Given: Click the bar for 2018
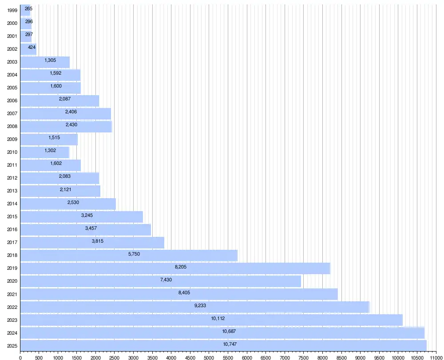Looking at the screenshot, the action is pyautogui.click(x=129, y=256).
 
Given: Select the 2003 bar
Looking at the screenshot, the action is pyautogui.click(x=45, y=62).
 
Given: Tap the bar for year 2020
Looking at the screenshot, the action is pyautogui.click(x=161, y=281).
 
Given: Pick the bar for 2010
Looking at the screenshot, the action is pyautogui.click(x=45, y=152).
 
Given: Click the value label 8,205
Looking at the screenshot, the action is pyautogui.click(x=181, y=267).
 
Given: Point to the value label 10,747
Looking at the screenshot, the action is pyautogui.click(x=230, y=344).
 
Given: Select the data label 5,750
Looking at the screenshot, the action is pyautogui.click(x=134, y=254).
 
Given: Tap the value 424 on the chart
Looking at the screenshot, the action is pyautogui.click(x=32, y=48).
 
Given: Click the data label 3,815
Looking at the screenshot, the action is pyautogui.click(x=97, y=241).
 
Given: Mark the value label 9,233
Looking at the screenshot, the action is pyautogui.click(x=200, y=306).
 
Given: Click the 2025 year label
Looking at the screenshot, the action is pyautogui.click(x=12, y=346).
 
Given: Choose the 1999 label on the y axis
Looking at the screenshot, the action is pyautogui.click(x=12, y=11).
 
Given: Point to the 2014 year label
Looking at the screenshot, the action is pyautogui.click(x=12, y=204).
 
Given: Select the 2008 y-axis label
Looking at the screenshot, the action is pyautogui.click(x=12, y=126).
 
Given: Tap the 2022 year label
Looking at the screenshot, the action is pyautogui.click(x=12, y=307).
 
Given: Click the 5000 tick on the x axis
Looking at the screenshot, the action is pyautogui.click(x=209, y=358).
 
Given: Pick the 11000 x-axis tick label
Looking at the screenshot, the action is pyautogui.click(x=436, y=358).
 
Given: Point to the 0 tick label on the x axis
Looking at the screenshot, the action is pyautogui.click(x=20, y=358).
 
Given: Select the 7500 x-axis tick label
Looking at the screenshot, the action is pyautogui.click(x=304, y=358).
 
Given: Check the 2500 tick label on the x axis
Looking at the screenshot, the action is pyautogui.click(x=115, y=358).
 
